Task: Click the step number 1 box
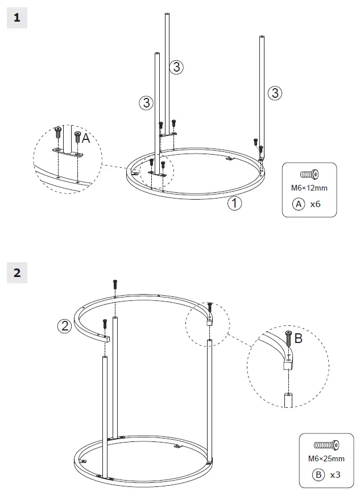16,18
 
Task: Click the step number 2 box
16,273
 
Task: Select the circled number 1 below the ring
234,204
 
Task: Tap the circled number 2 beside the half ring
65,326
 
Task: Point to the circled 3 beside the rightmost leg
275,93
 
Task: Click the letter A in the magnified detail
86,138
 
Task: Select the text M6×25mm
326,458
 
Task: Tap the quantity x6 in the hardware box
316,206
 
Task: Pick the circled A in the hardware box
299,206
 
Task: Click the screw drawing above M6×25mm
326,445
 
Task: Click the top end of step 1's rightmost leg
262,38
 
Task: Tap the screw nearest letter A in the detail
77,137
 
